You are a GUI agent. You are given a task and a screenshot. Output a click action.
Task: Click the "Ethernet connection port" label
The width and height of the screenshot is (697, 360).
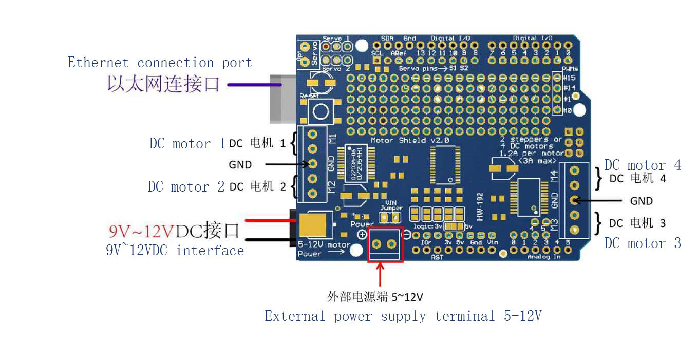(160, 63)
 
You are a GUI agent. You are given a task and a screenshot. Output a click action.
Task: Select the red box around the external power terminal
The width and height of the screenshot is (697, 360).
(385, 244)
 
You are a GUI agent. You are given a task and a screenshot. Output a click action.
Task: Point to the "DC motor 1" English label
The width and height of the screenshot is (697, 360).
(187, 144)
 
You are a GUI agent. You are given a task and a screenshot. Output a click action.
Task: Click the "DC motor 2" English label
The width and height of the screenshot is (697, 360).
(186, 187)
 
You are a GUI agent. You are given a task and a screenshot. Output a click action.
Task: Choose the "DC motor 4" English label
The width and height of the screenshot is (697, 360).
(643, 165)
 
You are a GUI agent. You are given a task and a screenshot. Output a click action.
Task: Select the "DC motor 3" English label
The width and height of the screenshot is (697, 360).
(643, 243)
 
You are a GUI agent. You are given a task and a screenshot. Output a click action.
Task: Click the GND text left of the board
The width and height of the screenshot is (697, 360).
(240, 165)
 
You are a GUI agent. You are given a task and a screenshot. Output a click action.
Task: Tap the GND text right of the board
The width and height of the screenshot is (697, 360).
(642, 201)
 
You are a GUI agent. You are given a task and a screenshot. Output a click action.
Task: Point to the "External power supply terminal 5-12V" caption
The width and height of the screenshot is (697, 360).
(403, 316)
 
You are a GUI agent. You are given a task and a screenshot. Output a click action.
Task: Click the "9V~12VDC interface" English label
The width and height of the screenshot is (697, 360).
(175, 251)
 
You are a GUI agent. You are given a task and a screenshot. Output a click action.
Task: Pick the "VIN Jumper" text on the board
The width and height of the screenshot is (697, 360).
(391, 205)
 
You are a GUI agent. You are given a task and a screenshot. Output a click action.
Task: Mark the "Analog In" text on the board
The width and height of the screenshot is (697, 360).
(543, 256)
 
